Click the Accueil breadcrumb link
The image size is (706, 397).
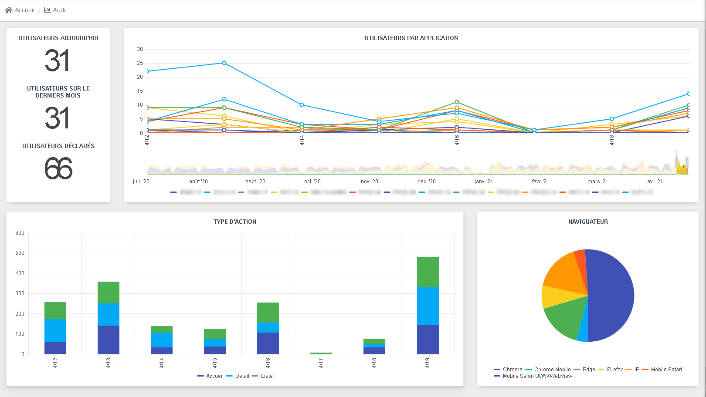click(20, 10)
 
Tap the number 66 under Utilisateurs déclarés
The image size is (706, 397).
click(58, 169)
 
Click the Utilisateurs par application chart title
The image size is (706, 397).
click(411, 38)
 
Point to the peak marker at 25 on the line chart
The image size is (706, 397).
click(224, 63)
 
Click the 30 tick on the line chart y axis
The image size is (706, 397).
click(140, 49)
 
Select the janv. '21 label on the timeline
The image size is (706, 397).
click(483, 182)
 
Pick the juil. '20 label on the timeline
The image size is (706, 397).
click(141, 182)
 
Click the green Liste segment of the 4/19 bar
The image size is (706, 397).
click(428, 272)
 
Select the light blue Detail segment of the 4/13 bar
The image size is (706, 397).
click(109, 314)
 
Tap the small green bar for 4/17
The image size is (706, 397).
click(321, 353)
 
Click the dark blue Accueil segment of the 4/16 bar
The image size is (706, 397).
click(268, 343)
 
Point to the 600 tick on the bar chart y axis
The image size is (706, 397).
click(20, 233)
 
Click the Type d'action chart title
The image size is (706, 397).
click(234, 222)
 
